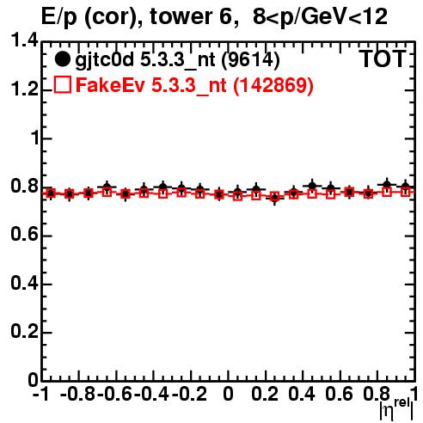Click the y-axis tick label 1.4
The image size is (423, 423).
(x=24, y=40)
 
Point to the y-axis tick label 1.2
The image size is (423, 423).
(x=24, y=89)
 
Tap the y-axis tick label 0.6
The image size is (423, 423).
(x=24, y=235)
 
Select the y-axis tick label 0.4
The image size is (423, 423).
(x=24, y=283)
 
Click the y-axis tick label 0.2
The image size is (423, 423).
(x=24, y=332)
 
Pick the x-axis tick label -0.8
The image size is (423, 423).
(x=78, y=394)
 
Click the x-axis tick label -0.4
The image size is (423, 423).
(x=152, y=394)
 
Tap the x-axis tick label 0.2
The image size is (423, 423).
(x=265, y=394)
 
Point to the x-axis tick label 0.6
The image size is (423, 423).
(x=340, y=394)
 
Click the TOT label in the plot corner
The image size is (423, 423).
(x=383, y=59)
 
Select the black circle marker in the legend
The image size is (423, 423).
(x=62, y=59)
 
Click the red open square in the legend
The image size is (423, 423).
(x=63, y=84)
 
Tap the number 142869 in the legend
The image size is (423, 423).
(x=273, y=85)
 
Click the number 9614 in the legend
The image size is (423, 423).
(x=250, y=60)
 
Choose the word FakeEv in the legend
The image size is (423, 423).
(x=110, y=85)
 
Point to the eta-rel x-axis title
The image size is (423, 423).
(x=396, y=408)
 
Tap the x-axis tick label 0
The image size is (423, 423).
(x=228, y=394)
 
